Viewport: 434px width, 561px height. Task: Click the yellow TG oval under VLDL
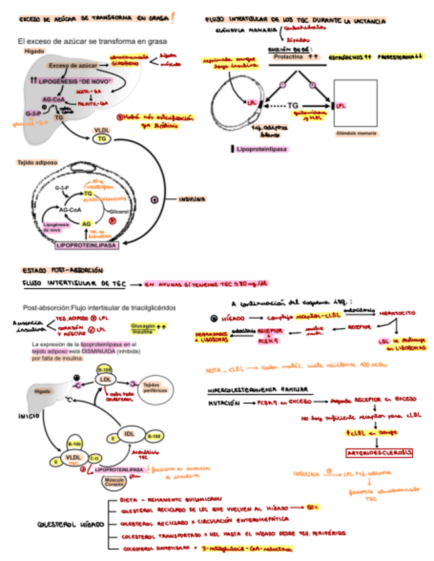coord(102,139)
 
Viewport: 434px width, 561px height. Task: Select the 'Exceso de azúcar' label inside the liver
coord(72,66)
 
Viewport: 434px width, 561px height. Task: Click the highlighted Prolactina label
coord(293,58)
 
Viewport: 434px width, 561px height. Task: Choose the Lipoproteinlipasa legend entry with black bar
coord(260,150)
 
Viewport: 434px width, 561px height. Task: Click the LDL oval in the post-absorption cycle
coord(105,380)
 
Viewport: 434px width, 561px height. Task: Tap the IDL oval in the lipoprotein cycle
coord(130,434)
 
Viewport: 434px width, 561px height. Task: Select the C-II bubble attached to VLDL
coord(95,457)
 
